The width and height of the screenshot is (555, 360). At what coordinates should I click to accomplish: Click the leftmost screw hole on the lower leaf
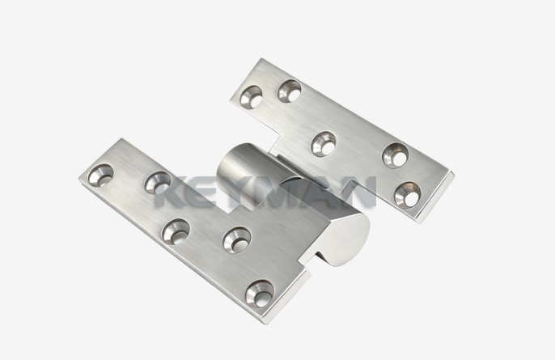[x=100, y=175]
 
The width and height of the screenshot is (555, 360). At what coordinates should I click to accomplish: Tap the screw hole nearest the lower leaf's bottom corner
[x=261, y=294]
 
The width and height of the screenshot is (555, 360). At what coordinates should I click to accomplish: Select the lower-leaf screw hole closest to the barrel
[x=237, y=240]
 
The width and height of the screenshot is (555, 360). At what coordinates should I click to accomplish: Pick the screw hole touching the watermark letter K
[x=157, y=183]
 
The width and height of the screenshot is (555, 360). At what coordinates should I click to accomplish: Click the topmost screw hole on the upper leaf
[x=290, y=91]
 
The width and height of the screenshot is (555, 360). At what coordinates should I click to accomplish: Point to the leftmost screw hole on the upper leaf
[x=251, y=96]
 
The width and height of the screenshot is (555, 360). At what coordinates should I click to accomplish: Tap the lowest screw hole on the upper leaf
[x=407, y=195]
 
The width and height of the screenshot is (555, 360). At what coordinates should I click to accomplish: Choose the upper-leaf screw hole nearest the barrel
[x=324, y=143]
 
